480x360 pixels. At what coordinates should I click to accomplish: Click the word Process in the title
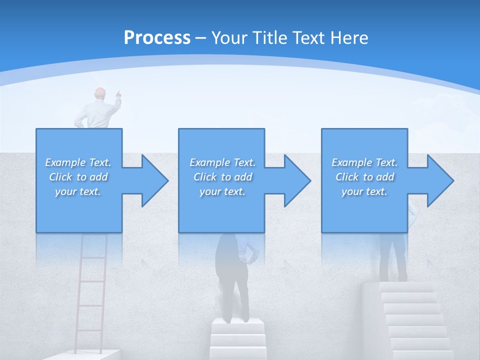tap(157, 37)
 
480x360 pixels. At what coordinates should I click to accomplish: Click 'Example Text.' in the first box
tap(78, 162)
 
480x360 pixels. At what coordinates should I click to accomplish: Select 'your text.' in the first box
tap(78, 191)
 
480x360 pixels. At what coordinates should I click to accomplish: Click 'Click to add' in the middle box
tap(222, 177)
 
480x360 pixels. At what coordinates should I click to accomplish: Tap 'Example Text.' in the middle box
tap(222, 162)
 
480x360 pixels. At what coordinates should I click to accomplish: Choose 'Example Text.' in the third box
tap(364, 162)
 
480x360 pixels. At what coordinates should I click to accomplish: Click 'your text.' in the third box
tap(364, 191)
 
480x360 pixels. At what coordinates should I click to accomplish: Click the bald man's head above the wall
tap(100, 93)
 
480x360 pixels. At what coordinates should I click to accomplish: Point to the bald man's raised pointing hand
tap(118, 93)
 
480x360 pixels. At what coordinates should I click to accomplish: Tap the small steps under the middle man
tap(237, 340)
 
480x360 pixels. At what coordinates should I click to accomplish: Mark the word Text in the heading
tap(308, 37)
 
